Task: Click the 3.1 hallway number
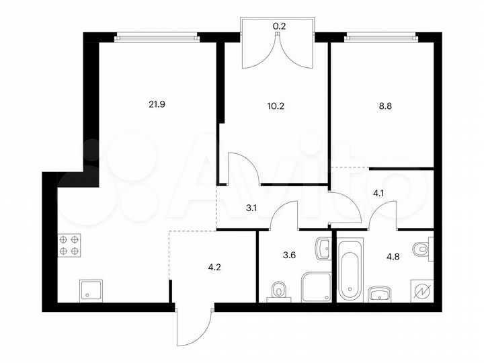(x=251, y=208)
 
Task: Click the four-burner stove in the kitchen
(x=69, y=245)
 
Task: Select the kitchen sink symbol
(x=89, y=290)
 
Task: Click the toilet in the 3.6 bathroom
(x=278, y=290)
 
